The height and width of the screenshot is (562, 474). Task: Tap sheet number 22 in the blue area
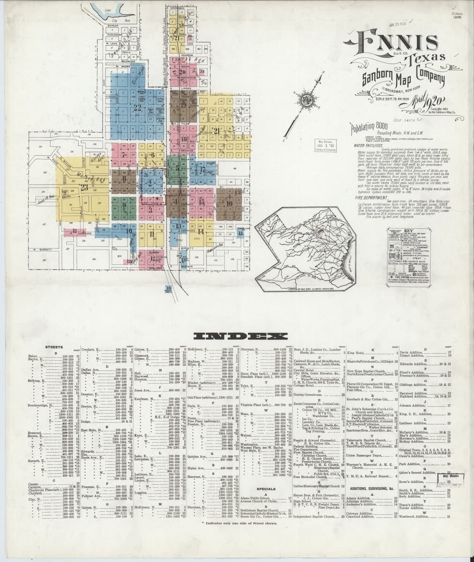(x=137, y=107)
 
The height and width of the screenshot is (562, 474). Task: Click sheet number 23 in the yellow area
(x=84, y=188)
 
